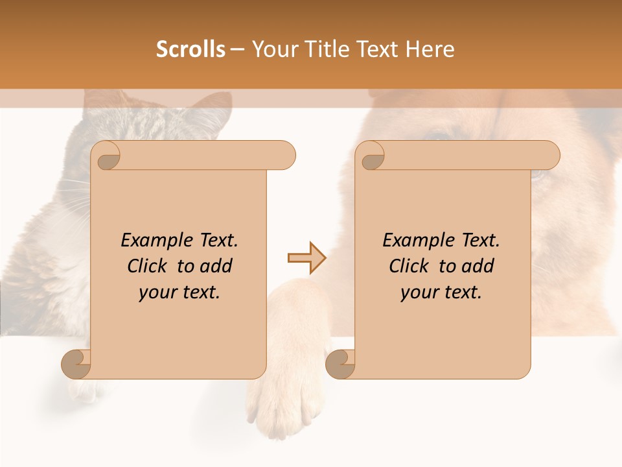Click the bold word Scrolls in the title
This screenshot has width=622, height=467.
[190, 49]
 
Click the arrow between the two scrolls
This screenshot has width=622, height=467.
[306, 258]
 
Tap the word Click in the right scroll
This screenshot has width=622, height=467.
[409, 267]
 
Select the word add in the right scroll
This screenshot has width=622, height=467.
[478, 267]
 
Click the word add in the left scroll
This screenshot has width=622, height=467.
[216, 267]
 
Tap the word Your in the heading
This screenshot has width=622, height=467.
[272, 49]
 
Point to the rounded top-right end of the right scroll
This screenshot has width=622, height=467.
[551, 156]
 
